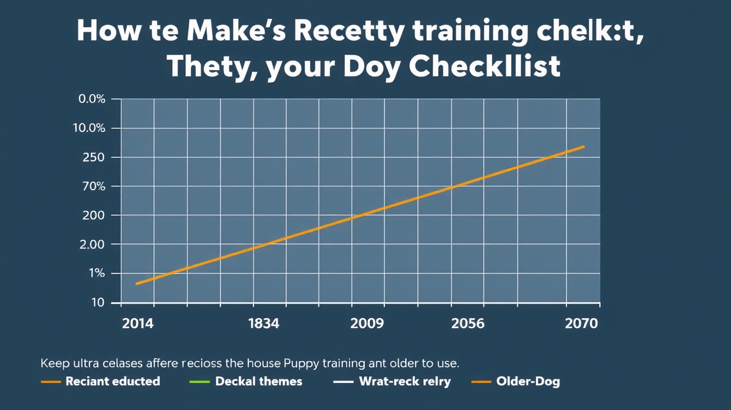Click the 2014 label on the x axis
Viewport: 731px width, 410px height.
click(138, 323)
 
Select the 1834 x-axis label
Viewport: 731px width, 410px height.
click(264, 323)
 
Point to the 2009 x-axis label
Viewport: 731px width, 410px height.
click(367, 323)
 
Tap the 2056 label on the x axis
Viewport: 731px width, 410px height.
click(467, 323)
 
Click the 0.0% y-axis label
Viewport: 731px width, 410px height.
click(91, 99)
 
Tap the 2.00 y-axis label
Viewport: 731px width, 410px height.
click(91, 244)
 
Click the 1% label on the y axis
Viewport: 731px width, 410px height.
click(96, 273)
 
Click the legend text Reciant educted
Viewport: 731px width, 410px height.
click(113, 381)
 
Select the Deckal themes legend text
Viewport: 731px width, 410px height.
click(259, 381)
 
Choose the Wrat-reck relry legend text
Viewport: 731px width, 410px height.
click(404, 381)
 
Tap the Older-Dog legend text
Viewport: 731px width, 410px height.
click(528, 381)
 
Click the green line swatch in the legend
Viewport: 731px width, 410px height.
click(199, 382)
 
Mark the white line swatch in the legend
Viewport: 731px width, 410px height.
click(343, 382)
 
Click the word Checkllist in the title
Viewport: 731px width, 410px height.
click(484, 67)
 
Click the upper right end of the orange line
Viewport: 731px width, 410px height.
click(584, 146)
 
